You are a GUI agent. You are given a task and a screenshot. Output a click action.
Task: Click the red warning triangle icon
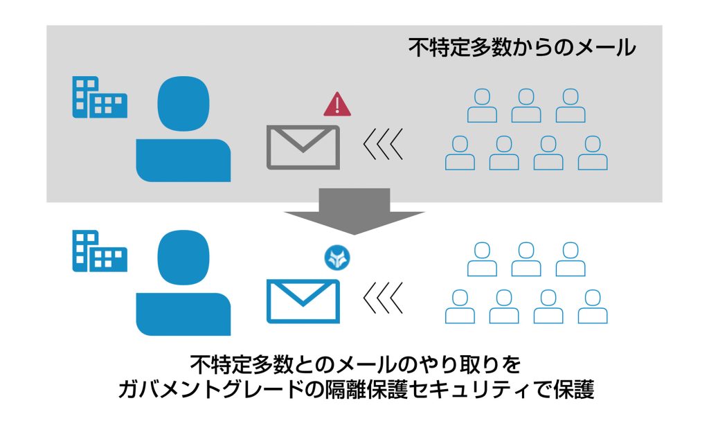pos(337,104)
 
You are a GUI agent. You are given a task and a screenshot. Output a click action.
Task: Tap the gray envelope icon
pos(303,147)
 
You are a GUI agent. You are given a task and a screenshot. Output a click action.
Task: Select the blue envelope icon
pos(303,301)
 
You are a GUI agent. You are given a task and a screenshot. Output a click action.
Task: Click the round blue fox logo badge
pos(337,258)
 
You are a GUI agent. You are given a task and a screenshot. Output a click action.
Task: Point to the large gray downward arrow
pos(354,212)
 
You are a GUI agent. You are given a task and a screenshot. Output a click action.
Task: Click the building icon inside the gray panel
pos(100,97)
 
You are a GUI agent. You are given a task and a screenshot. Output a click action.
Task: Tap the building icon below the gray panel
pos(100,251)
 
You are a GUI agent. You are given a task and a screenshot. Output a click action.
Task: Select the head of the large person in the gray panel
pos(183,104)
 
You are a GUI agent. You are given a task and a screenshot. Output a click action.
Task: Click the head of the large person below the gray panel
pos(183,258)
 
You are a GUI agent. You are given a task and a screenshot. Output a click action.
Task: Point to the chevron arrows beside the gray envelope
pos(383,145)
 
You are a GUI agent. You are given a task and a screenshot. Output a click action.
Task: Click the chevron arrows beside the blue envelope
pos(383,298)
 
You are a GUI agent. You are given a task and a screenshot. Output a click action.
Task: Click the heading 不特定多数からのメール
pos(522,48)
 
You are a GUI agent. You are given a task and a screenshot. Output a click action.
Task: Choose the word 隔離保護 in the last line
pos(366,389)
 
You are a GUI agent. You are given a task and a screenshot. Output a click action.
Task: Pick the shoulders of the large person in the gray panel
pos(183,161)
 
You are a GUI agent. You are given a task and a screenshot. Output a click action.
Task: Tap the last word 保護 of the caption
pos(573,389)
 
